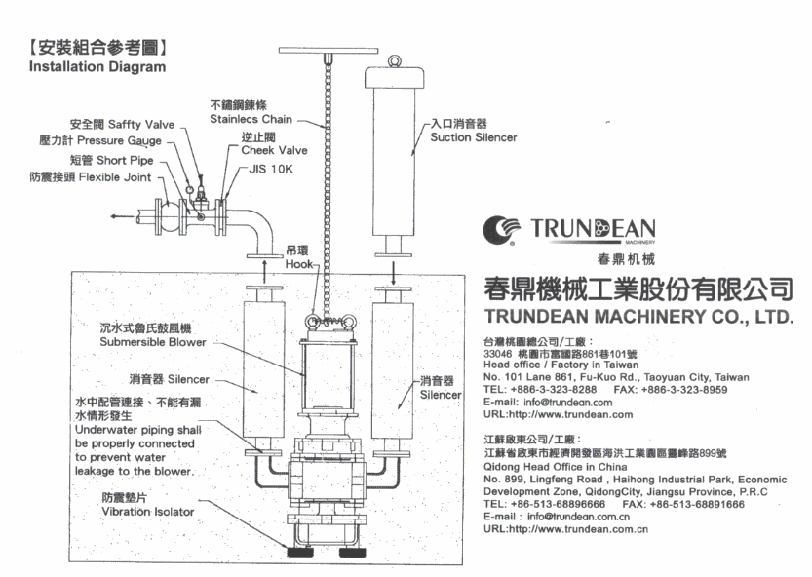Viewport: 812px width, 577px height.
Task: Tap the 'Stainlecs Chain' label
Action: pos(250,119)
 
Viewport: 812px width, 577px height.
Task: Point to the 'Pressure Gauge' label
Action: pos(130,142)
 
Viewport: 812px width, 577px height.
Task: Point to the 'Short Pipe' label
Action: pos(133,160)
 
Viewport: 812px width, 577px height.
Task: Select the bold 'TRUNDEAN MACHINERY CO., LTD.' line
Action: pos(638,318)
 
